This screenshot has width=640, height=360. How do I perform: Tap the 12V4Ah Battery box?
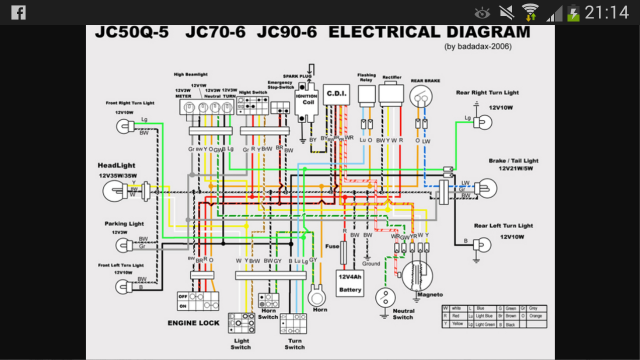[349, 283]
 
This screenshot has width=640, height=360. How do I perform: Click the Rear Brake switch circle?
[421, 96]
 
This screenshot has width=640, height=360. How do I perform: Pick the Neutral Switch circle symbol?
[385, 298]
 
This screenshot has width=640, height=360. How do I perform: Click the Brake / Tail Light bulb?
[487, 188]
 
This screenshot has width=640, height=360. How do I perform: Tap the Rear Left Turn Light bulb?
[482, 244]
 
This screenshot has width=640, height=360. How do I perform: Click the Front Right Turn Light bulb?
[125, 126]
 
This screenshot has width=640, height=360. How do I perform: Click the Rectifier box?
[391, 94]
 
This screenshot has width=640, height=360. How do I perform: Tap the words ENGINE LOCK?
[193, 323]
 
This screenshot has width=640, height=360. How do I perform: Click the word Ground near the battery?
[371, 263]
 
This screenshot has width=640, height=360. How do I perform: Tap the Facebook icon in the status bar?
[18, 12]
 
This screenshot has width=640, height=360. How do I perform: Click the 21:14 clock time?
[606, 12]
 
